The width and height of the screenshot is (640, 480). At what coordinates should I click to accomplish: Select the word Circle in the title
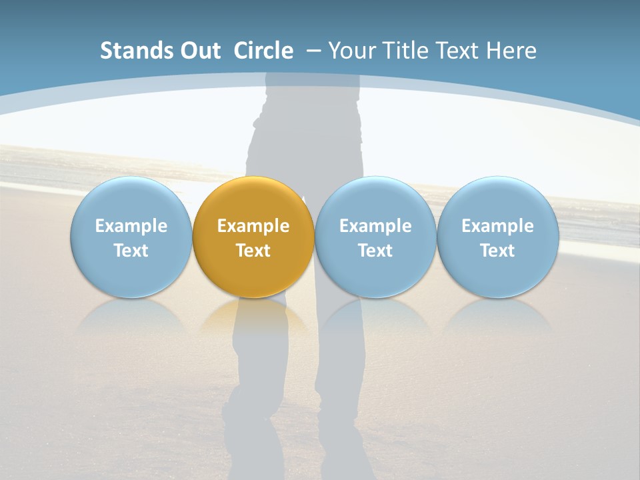pyautogui.click(x=263, y=51)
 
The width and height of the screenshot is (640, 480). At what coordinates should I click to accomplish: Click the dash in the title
pyautogui.click(x=313, y=51)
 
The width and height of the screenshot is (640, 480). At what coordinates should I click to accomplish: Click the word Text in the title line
pyautogui.click(x=457, y=51)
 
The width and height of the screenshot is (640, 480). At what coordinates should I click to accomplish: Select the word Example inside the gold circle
pyautogui.click(x=253, y=226)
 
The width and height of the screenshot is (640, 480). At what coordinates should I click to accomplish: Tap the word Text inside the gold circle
pyautogui.click(x=253, y=251)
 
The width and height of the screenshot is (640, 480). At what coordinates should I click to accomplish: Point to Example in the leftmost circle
pyautogui.click(x=131, y=226)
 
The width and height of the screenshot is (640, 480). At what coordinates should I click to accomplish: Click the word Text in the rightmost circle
pyautogui.click(x=498, y=251)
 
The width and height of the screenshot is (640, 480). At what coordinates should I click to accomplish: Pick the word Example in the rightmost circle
pyautogui.click(x=498, y=226)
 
